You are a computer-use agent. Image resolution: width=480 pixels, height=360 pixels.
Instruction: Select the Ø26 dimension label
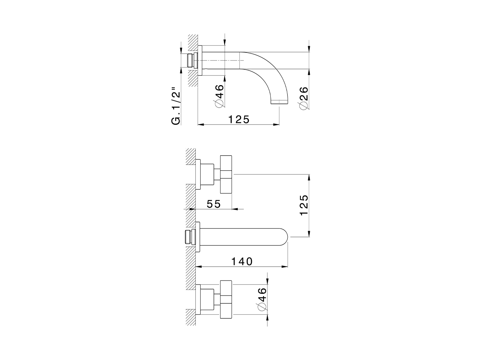(304, 98)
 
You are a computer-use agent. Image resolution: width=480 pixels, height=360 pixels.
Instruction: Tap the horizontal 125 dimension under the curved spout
(239, 119)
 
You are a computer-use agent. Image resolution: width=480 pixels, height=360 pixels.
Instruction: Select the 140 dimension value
(241, 261)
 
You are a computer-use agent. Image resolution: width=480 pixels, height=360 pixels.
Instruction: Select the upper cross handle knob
(226, 174)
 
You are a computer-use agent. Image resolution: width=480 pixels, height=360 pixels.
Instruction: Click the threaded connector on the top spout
(192, 60)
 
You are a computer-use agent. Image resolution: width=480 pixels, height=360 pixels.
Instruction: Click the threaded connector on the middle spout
(190, 237)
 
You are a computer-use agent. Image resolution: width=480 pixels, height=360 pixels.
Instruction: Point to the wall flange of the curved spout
(200, 60)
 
